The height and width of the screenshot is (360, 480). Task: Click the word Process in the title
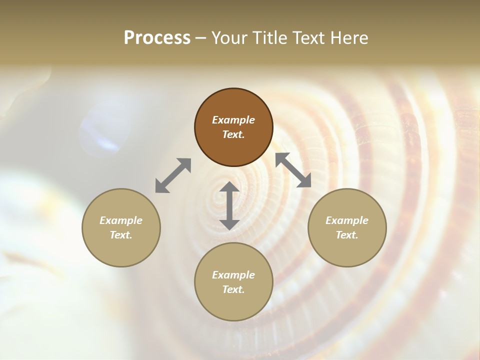click(x=157, y=38)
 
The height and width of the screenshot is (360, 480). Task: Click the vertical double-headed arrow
click(x=229, y=206)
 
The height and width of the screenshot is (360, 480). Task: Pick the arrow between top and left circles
click(x=173, y=175)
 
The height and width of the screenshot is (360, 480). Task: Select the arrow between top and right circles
click(x=293, y=170)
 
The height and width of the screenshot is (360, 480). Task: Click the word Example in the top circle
click(x=233, y=120)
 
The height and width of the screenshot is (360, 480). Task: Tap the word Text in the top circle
click(x=233, y=134)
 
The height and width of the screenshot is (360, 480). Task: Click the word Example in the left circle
click(x=121, y=220)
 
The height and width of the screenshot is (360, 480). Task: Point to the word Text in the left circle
click(x=121, y=235)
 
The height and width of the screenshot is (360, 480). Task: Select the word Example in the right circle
click(x=347, y=220)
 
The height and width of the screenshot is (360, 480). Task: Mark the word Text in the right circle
click(x=347, y=235)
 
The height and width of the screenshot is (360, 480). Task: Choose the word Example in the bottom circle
click(x=233, y=275)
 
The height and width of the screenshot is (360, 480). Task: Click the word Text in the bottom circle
click(x=233, y=289)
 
